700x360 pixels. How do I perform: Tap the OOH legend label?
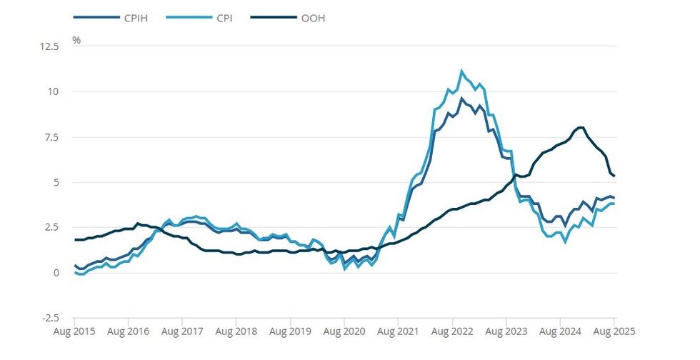313,18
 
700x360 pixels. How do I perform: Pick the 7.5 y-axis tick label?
53,137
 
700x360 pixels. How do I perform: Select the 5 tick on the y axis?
57,182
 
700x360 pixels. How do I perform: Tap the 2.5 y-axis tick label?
53,227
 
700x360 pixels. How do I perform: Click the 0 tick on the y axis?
57,273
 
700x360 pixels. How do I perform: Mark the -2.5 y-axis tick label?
51,318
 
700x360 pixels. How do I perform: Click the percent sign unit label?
76,40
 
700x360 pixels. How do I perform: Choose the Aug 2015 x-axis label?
74,331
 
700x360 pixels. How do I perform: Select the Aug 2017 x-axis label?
181,331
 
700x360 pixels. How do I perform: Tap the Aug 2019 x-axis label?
289,331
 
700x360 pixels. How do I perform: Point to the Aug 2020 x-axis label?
344,331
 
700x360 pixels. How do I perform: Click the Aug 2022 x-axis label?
451,331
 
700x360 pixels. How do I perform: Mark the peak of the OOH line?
579,128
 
